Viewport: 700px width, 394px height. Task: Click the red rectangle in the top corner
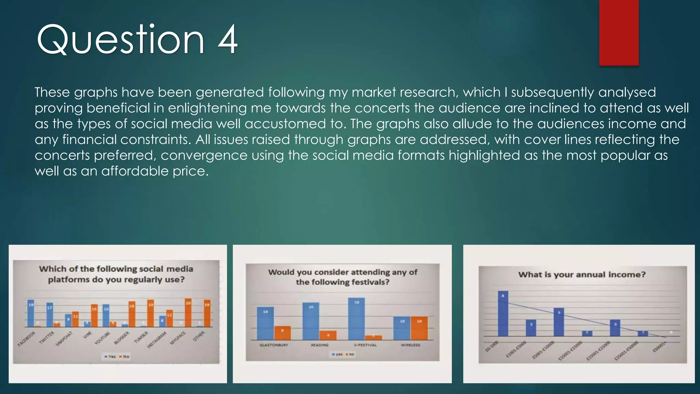pos(619,32)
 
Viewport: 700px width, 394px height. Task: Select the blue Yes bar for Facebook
pos(31,313)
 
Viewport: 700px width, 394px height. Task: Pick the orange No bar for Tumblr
pos(150,313)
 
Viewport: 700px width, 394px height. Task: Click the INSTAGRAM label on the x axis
pos(157,340)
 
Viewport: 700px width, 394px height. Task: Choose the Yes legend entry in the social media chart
pos(110,356)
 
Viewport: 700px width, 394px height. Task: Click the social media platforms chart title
pos(116,274)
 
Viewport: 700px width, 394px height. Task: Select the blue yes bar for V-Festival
pos(356,318)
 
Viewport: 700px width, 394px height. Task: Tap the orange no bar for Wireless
pos(419,328)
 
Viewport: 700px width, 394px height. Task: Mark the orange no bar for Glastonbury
pos(282,333)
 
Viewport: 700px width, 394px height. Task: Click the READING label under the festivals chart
pos(320,345)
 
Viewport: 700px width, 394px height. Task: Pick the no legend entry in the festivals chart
pos(350,354)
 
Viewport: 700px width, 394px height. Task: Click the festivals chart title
pos(342,277)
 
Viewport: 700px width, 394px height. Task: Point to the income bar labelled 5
pos(559,322)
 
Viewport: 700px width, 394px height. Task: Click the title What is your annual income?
pos(582,275)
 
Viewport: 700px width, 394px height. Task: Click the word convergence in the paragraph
pos(204,155)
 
